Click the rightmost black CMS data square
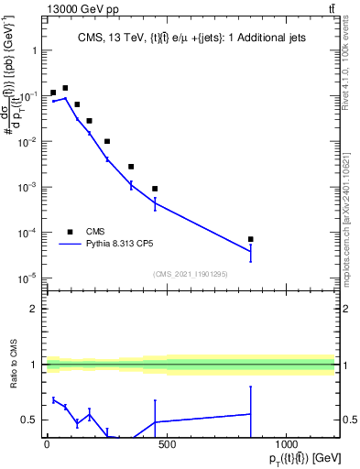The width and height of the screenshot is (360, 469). click(251, 239)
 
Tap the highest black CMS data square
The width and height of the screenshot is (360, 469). click(65, 88)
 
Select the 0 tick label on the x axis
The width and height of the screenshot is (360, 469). click(47, 447)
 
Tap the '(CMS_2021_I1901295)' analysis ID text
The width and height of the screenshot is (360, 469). click(189, 274)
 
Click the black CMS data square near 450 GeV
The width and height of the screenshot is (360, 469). click(155, 189)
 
